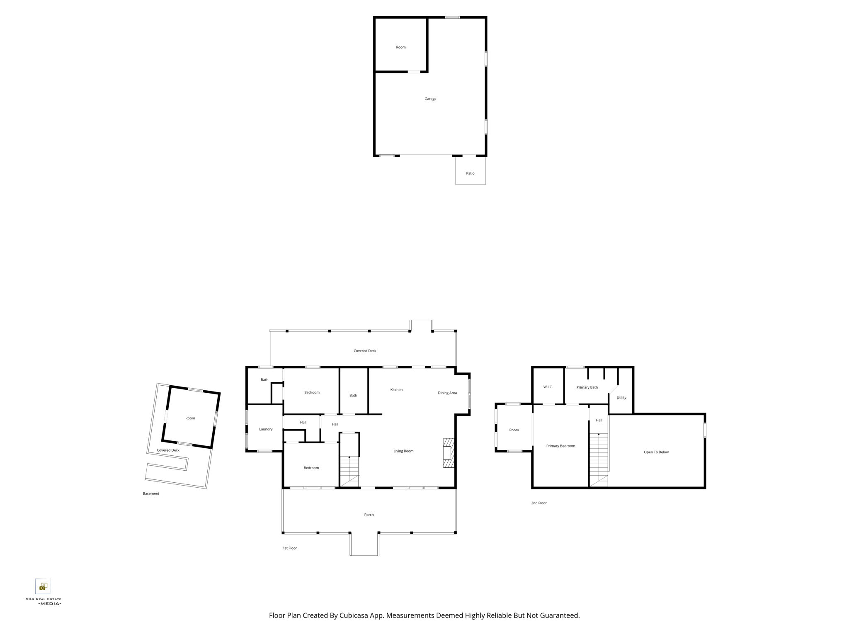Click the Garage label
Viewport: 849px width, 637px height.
[x=430, y=99]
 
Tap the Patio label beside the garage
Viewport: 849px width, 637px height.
[x=470, y=173]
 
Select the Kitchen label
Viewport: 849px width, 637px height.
[x=396, y=390]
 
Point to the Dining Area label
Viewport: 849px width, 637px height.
[x=447, y=393]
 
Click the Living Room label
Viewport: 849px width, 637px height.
[x=403, y=451]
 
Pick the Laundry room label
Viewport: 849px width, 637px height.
[x=266, y=429]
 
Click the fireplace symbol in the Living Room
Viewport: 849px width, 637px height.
[x=449, y=453]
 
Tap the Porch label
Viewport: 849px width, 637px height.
[x=369, y=515]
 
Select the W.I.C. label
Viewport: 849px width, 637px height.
[x=548, y=387]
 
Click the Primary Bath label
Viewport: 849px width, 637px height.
[x=587, y=387]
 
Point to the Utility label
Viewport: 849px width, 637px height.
[x=621, y=397]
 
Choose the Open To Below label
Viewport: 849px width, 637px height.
[x=656, y=452]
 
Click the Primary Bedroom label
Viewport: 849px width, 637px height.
[x=560, y=446]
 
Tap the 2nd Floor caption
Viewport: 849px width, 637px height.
[x=539, y=503]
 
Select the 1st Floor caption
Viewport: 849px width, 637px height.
[x=290, y=548]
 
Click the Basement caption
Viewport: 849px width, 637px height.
[x=151, y=494]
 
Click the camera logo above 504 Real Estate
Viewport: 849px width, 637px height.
[x=43, y=586]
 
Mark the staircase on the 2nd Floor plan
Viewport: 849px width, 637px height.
[x=599, y=460]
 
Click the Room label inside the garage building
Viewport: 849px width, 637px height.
[x=401, y=47]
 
